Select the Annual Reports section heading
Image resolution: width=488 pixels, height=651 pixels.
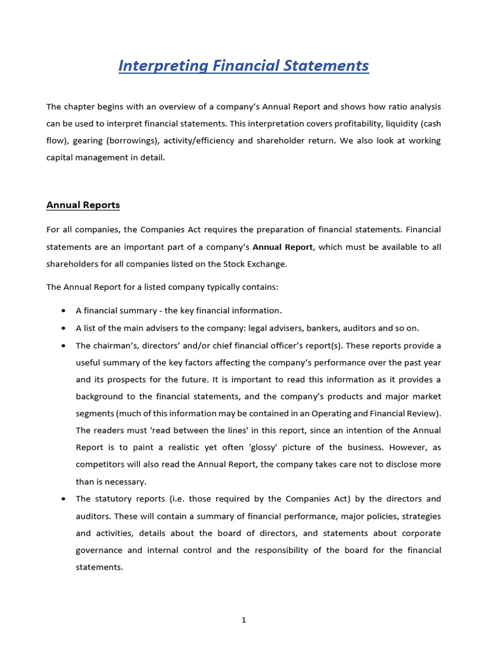[83, 205]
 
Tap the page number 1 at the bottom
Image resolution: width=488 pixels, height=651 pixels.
[243, 620]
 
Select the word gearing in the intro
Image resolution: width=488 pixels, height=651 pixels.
[85, 140]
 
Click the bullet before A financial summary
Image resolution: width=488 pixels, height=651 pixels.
[64, 311]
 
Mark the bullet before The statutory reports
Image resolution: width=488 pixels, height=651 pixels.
[64, 499]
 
